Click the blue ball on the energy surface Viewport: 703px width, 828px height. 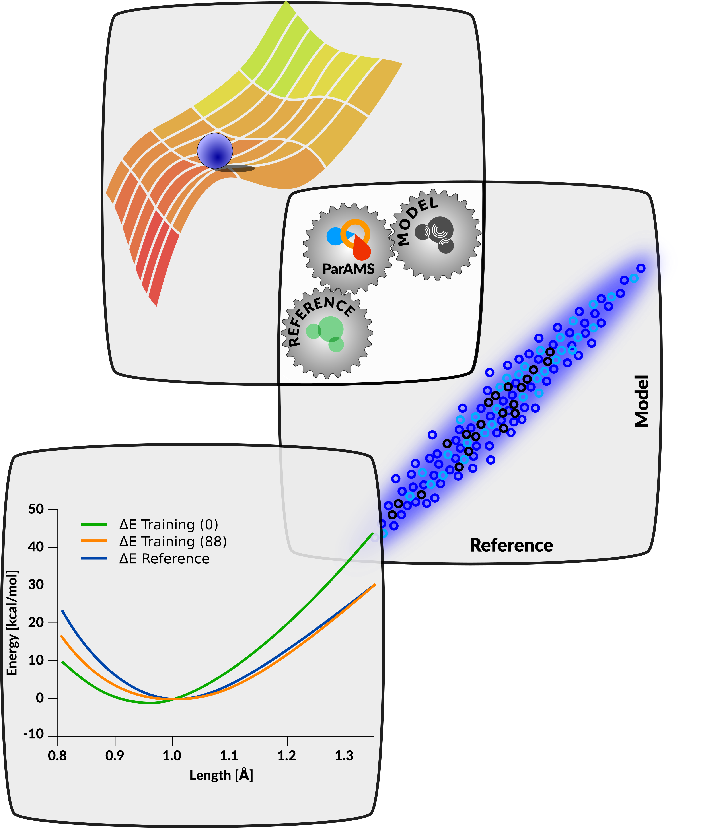point(215,151)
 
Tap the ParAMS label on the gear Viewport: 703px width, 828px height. point(348,269)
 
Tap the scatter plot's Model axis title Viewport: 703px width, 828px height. point(642,401)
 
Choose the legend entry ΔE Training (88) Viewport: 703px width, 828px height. point(173,542)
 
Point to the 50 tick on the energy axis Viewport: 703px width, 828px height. point(36,509)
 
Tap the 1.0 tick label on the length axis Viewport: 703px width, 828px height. point(172,756)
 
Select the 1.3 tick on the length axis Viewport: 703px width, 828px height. point(344,756)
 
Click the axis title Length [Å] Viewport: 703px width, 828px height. point(221,775)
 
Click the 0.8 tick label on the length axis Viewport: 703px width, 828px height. point(57,756)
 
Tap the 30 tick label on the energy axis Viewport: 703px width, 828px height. point(36,585)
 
